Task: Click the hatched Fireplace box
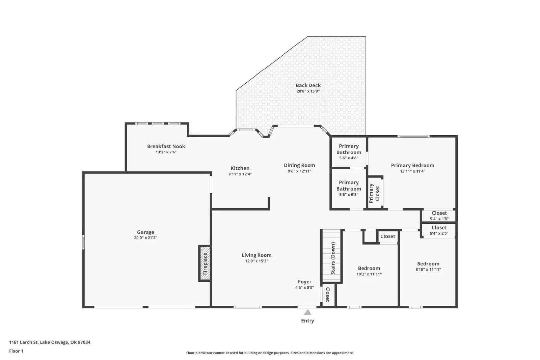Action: point(205,264)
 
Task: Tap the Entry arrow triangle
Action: point(307,312)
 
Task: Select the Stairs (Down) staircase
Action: point(332,256)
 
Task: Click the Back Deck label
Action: point(308,85)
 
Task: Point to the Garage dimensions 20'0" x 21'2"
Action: point(145,238)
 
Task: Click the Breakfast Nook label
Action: point(166,146)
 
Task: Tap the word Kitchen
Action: point(240,168)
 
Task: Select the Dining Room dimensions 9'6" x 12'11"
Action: point(299,171)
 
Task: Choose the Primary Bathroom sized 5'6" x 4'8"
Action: point(349,151)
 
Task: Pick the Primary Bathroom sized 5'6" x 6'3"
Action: point(349,188)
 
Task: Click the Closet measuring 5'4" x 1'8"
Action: point(439,216)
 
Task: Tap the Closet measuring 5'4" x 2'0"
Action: point(439,230)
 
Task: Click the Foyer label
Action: point(304,282)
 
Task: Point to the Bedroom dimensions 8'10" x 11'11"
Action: point(428,270)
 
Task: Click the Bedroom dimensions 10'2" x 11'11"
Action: point(369,274)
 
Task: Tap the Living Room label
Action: point(256,255)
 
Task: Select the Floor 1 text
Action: point(16,351)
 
